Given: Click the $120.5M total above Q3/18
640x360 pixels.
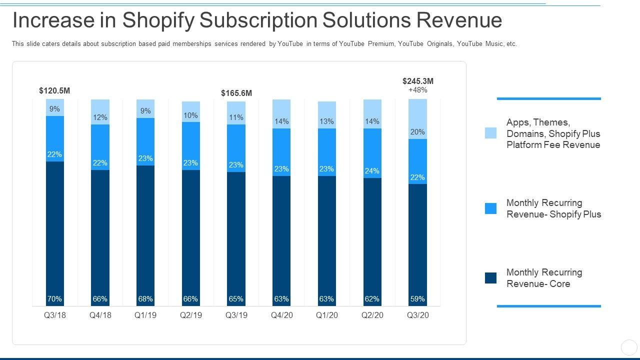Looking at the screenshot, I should coord(54,91).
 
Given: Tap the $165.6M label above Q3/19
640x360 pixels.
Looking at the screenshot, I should coord(236,93).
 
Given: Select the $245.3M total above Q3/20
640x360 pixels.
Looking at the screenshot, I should coord(418,81).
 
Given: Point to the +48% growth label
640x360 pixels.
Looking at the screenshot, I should coord(418,90).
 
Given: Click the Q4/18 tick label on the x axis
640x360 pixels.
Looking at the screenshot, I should coord(100,315).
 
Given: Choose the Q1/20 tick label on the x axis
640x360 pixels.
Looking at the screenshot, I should coord(326,315).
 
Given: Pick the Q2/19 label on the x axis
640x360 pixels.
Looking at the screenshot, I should coord(190,315).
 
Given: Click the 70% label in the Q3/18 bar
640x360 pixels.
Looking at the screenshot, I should coord(54,299).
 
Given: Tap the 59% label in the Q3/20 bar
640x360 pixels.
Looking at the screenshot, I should coord(417,299).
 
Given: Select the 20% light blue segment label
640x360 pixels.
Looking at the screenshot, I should coord(417,132).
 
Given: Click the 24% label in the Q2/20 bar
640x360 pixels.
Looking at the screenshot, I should coord(372,171).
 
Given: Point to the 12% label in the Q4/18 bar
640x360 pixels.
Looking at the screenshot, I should coord(100,117).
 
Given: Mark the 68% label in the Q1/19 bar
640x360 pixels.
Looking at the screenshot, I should coord(145,299).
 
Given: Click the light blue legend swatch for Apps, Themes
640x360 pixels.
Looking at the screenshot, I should coord(491,133).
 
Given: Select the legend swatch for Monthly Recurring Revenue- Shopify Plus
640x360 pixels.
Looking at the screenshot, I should coord(491,208).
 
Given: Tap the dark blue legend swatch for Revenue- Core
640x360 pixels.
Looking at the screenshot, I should coord(491,278).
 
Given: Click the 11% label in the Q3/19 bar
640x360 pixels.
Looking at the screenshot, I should coord(236,117).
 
